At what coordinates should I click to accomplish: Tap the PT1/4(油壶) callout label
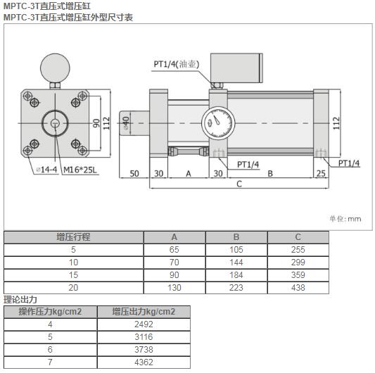[177, 64]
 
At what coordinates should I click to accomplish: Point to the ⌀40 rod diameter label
[126, 124]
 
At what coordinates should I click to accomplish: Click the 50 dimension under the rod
[134, 173]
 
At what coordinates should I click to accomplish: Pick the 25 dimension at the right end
[321, 173]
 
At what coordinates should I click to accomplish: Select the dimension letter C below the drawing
[239, 184]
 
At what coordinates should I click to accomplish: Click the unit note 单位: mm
[345, 219]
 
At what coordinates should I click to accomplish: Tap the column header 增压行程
[73, 237]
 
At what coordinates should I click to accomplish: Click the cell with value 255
[298, 250]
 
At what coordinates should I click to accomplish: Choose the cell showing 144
[236, 263]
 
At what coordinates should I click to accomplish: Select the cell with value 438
[298, 288]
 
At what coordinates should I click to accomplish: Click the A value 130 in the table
[174, 288]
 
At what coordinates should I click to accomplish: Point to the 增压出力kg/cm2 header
[144, 312]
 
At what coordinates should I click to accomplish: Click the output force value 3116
[144, 337]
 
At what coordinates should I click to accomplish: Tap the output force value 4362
[144, 362]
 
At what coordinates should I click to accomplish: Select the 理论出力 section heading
[19, 300]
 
